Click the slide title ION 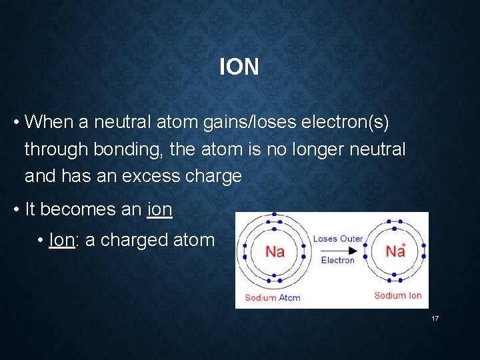tap(239, 67)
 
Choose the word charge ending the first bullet tap(214, 176)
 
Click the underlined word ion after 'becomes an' tap(159, 209)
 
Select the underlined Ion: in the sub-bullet tap(64, 240)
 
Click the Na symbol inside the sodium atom tap(275, 251)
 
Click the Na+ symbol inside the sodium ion tap(395, 251)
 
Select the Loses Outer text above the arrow tap(338, 239)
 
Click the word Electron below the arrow tap(338, 261)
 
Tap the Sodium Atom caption tap(273, 297)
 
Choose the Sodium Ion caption tap(398, 295)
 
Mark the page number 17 tap(435, 319)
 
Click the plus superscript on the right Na tap(404, 245)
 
